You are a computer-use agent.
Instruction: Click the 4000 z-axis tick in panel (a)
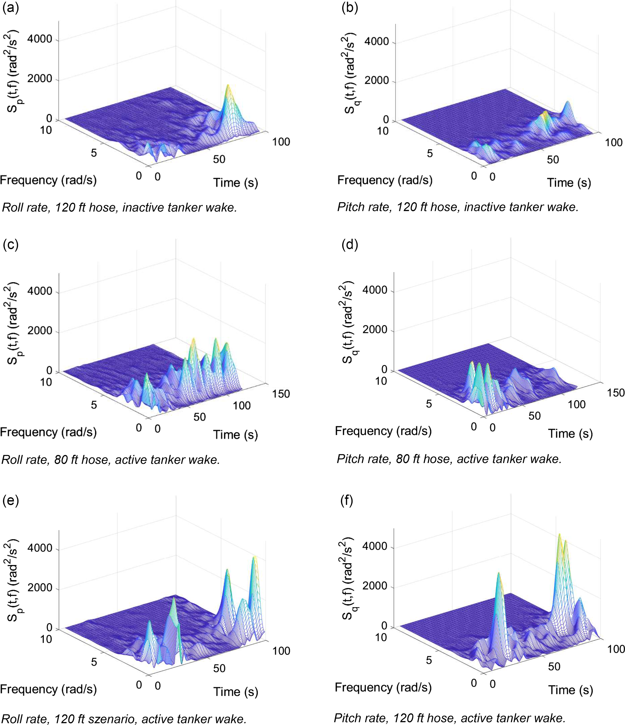40,39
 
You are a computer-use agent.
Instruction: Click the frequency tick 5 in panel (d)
429,404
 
